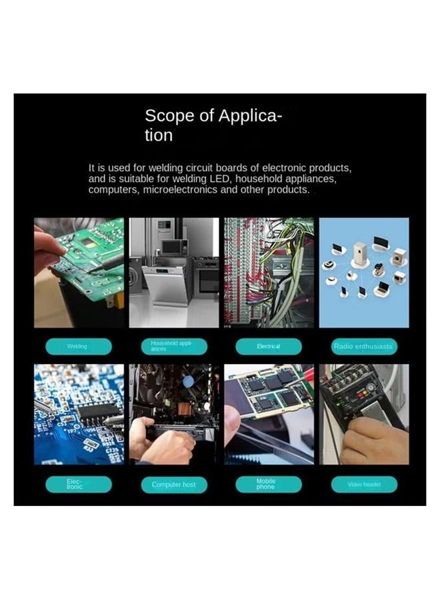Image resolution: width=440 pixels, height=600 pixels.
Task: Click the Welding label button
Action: [78, 347]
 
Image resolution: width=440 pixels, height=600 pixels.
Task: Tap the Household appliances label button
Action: [174, 347]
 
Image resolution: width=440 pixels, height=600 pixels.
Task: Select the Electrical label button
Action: [269, 347]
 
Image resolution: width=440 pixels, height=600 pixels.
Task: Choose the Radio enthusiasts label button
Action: [364, 347]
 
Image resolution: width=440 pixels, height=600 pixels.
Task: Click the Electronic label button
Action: [78, 484]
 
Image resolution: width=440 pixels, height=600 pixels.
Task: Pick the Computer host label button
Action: [174, 484]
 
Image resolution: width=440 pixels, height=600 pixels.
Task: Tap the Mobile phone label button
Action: [269, 484]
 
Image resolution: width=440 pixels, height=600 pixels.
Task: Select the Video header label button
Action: [364, 484]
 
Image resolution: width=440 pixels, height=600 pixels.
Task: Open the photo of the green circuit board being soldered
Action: [79, 272]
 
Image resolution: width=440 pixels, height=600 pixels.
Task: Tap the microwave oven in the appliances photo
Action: [175, 247]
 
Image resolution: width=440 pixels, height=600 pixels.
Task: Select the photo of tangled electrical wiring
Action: [269, 272]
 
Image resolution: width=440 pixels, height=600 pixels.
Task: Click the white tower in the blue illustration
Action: [360, 253]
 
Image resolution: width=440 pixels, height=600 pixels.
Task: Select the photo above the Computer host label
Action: [174, 413]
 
